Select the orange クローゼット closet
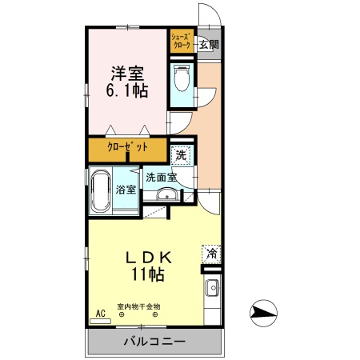(x=127, y=150)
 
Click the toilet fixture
(x=182, y=81)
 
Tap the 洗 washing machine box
(x=182, y=155)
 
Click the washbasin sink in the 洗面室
(x=168, y=195)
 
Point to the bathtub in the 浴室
(x=100, y=192)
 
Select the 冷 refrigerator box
(x=211, y=254)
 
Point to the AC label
(x=101, y=313)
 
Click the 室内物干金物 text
(x=139, y=306)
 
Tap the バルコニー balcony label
(x=154, y=342)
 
